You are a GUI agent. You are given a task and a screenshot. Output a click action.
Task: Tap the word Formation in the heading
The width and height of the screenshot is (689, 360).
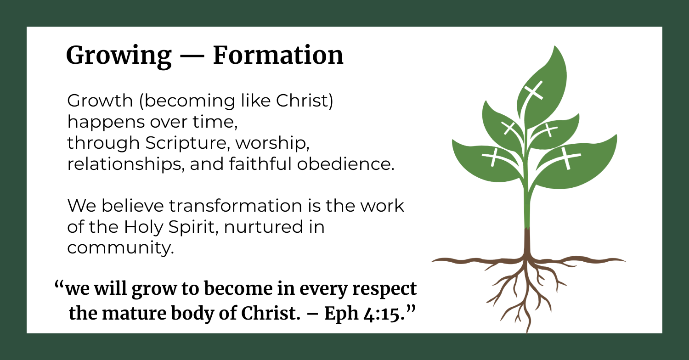tap(278, 55)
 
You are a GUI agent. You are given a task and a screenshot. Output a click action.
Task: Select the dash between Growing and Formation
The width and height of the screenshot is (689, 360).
tap(192, 57)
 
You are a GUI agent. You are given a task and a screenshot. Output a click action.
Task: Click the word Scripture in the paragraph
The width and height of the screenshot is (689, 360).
tap(187, 143)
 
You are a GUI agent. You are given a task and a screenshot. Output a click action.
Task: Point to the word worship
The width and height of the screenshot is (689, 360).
tap(272, 143)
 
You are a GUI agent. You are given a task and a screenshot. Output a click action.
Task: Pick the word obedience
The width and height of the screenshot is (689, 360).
tap(346, 163)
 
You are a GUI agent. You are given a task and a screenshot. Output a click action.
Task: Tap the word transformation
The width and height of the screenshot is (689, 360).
tap(236, 206)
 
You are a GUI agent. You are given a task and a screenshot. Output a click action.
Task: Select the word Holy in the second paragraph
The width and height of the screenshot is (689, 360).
tap(143, 227)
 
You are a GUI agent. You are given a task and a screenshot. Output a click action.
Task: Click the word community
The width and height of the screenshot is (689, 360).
tap(120, 248)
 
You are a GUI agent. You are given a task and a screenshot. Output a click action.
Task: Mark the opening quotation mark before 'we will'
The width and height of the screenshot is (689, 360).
tap(59, 285)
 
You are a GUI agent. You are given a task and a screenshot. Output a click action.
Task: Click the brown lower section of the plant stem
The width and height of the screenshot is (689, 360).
tap(527, 244)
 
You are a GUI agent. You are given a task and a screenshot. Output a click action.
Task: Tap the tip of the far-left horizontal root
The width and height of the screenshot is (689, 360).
tap(432, 261)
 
